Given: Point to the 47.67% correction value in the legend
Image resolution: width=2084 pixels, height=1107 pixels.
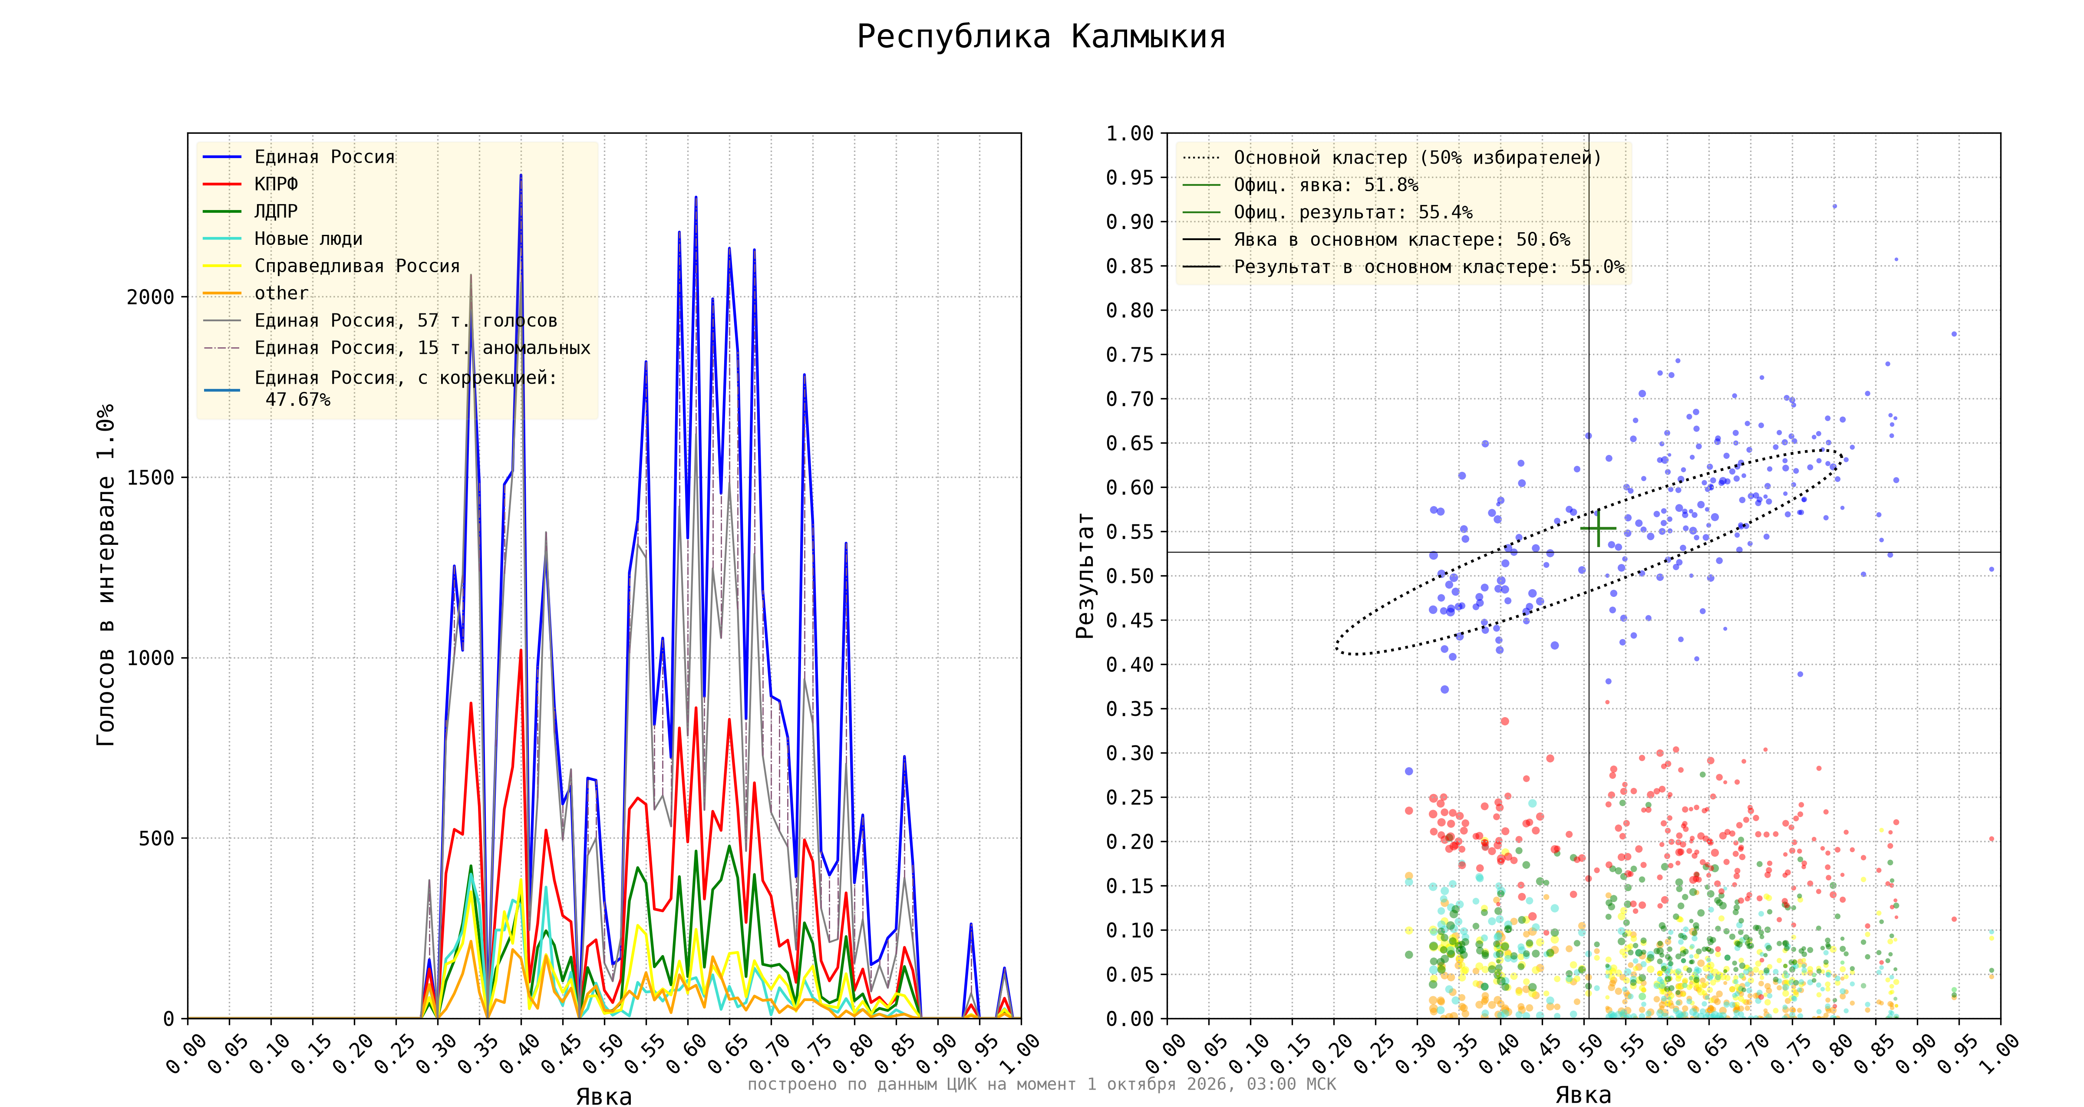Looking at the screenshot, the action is pyautogui.click(x=298, y=400).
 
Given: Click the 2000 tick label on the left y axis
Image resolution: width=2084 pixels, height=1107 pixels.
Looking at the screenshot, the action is pyautogui.click(x=151, y=297).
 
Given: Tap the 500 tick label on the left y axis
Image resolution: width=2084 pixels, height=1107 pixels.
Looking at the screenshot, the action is pyautogui.click(x=157, y=838).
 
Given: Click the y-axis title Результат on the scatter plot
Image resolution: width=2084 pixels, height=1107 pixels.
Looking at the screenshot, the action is pyautogui.click(x=1085, y=575).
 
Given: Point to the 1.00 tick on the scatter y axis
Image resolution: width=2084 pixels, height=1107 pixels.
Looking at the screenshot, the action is pyautogui.click(x=1129, y=134).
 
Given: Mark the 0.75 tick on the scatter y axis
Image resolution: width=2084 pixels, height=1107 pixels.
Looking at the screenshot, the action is pyautogui.click(x=1129, y=354).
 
